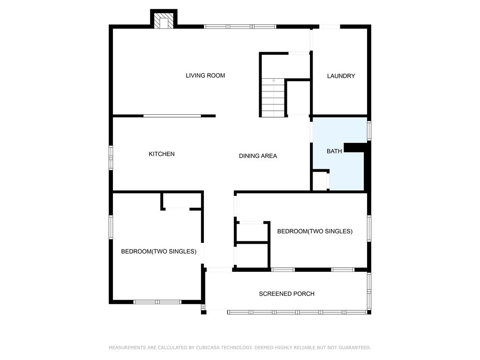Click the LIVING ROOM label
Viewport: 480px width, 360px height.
(205, 75)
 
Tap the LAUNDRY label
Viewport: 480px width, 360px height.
(341, 76)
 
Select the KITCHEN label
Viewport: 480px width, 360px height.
(162, 154)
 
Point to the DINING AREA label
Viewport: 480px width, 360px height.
(258, 156)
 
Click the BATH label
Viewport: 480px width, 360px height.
(334, 151)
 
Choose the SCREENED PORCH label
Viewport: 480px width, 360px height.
(286, 294)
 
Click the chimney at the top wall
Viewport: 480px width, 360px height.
(164, 19)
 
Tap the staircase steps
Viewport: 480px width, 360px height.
(273, 97)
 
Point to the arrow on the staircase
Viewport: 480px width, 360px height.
(273, 97)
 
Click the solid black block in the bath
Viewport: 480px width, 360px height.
(355, 148)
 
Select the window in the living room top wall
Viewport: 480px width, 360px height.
(240, 27)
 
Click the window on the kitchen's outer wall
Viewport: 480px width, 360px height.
(111, 157)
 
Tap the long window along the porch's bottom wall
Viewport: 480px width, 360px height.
(297, 312)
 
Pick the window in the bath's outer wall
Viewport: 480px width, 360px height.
(369, 131)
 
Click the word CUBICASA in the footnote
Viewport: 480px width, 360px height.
(207, 348)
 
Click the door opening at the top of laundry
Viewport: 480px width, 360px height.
(330, 27)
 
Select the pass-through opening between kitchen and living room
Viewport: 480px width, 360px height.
(172, 116)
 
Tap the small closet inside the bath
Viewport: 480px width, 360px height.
(320, 181)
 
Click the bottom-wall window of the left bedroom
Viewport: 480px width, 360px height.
(157, 302)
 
